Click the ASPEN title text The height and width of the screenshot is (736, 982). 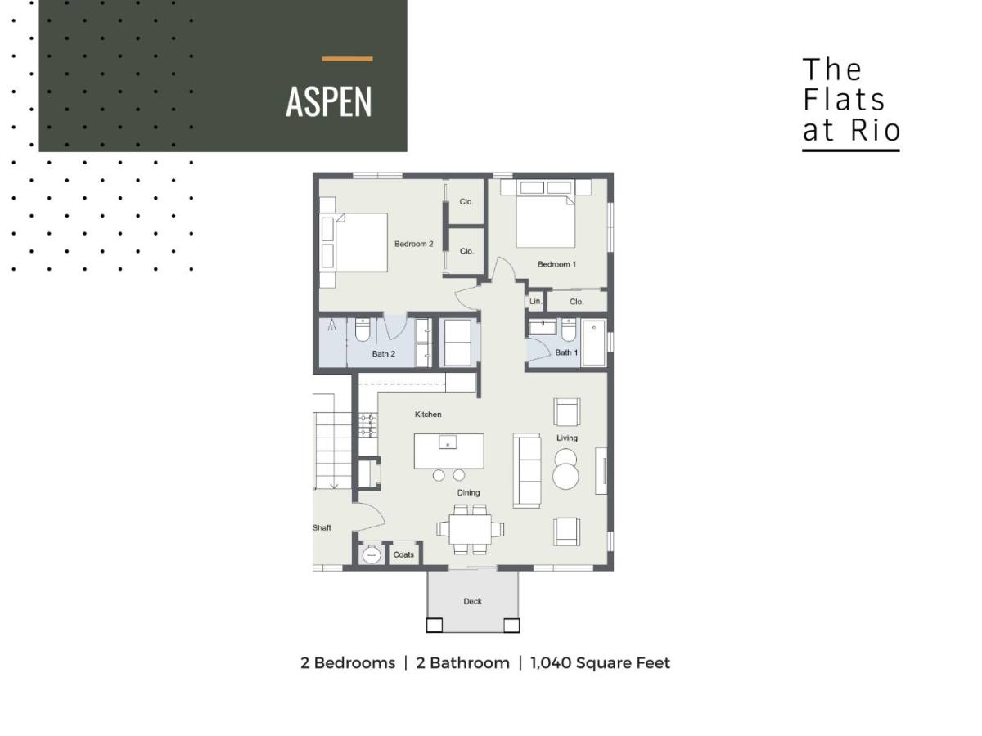329,102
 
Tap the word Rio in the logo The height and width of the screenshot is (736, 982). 875,131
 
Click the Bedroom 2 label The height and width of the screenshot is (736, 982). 413,244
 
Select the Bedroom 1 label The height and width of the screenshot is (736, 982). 556,264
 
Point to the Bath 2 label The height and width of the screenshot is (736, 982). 384,354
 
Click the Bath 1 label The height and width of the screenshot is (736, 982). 566,352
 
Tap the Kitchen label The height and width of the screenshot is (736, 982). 428,415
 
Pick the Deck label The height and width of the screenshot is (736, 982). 472,602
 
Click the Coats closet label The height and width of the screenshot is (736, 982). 403,555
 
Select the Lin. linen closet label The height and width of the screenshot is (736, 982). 535,302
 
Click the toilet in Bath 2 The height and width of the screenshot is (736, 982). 363,330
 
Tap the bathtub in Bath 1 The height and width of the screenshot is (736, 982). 594,343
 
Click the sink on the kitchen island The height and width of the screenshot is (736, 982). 448,442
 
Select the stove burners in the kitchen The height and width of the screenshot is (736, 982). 367,425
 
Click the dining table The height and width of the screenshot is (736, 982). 471,529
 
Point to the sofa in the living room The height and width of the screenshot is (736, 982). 526,470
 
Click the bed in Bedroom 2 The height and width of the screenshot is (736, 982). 354,242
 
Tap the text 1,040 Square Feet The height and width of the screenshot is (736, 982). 600,663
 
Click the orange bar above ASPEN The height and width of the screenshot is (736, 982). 347,59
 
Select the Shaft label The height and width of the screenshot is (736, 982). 322,528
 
